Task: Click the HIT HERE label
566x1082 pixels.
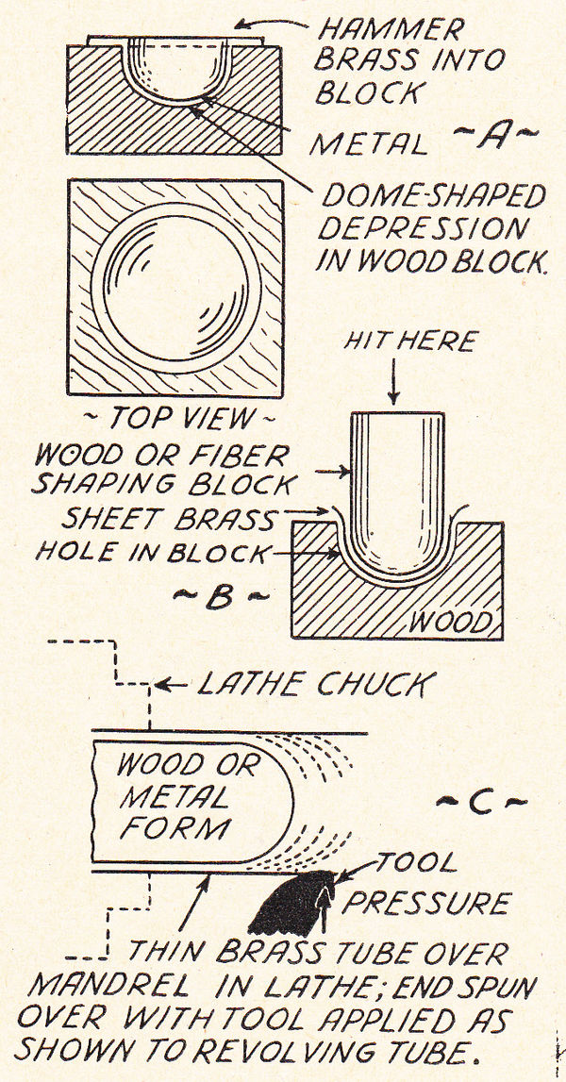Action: [x=398, y=340]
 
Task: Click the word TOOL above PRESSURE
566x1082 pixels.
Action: [x=416, y=862]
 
